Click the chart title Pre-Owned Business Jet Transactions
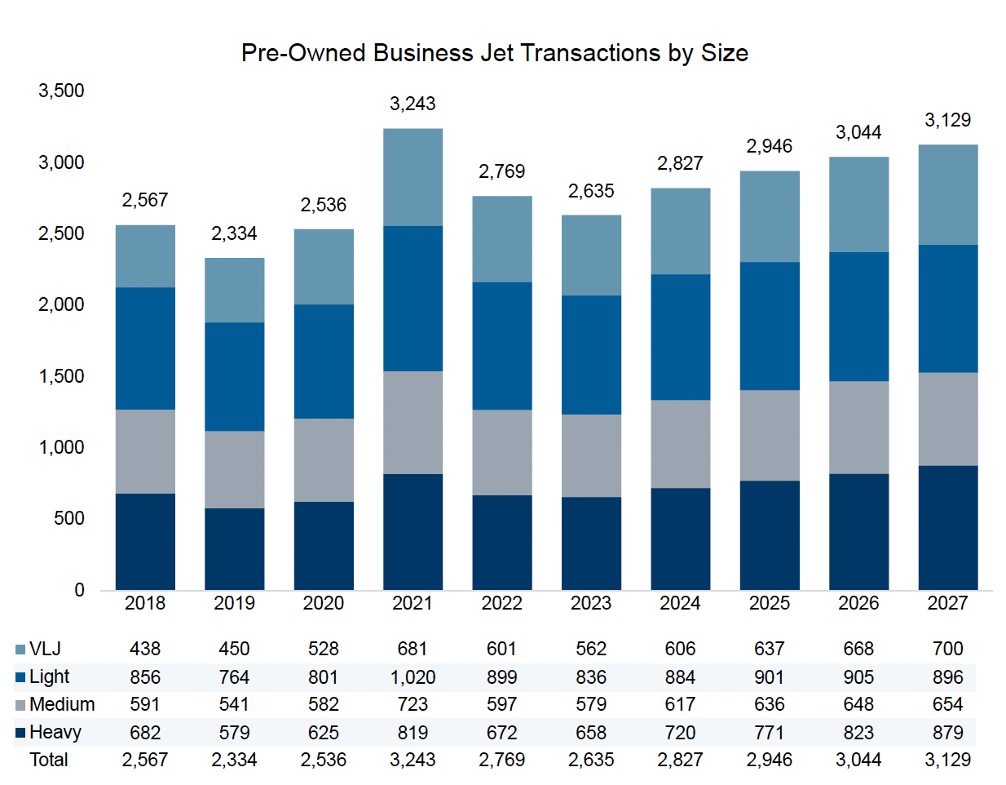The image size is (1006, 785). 494,53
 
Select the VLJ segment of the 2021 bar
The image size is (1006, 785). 413,177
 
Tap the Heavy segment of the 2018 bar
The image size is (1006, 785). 145,541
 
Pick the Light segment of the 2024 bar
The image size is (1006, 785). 680,336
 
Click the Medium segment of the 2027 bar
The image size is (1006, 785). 947,419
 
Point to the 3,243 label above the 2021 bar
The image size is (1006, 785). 413,104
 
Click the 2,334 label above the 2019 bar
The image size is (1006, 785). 234,233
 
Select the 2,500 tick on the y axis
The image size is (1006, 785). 61,233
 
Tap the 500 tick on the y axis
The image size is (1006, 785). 68,518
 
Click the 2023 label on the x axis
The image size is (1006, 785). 591,603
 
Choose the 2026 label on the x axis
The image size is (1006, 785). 858,603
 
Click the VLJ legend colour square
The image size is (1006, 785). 20,650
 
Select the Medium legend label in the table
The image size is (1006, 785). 62,704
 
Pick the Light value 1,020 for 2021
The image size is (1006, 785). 413,677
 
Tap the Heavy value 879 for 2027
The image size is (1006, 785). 947,732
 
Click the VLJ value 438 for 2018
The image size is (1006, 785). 145,649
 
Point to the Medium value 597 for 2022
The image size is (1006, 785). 501,704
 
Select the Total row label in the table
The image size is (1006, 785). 49,760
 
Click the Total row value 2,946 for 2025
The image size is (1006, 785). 769,760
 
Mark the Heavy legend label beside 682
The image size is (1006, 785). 55,732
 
